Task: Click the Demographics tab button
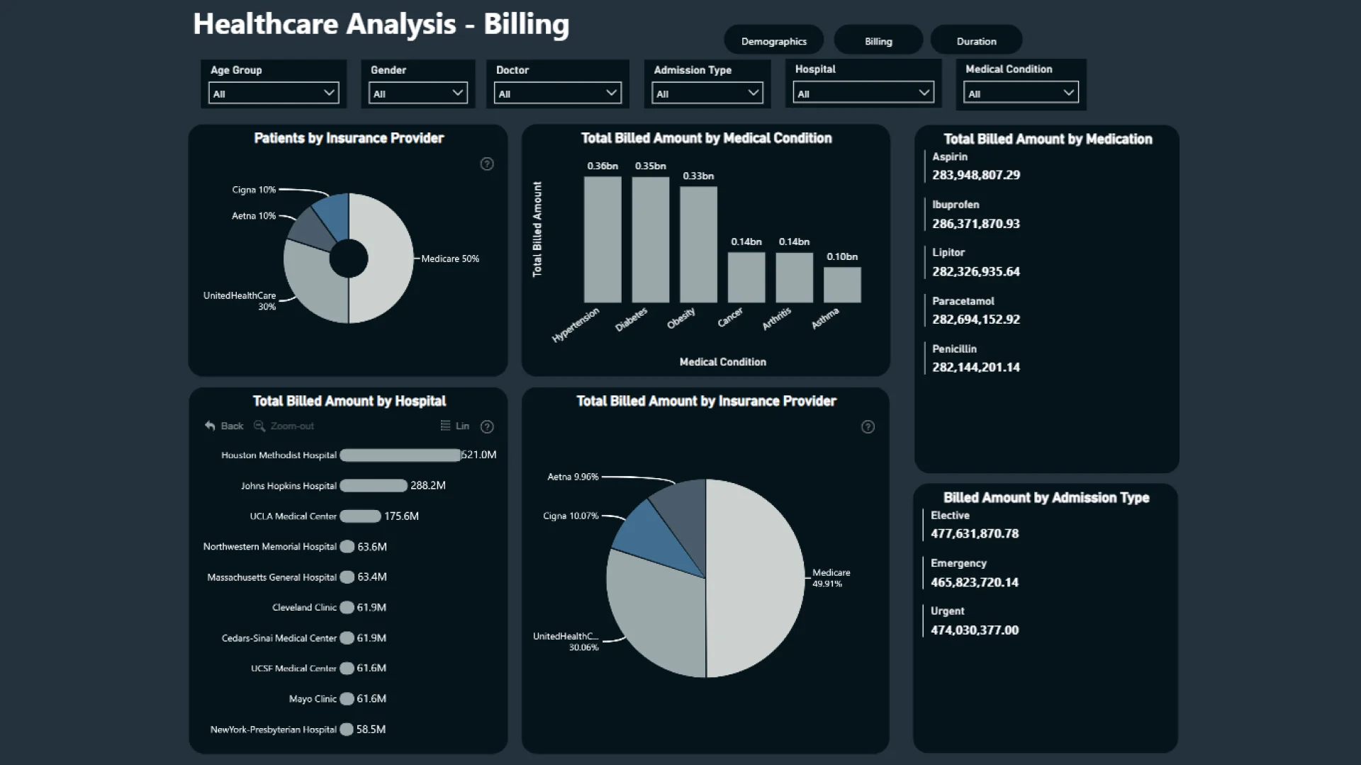[773, 40]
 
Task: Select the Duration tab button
[976, 40]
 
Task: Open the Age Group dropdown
[274, 93]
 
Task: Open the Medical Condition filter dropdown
[1021, 93]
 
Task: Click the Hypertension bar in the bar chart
[603, 239]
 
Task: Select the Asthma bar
[842, 285]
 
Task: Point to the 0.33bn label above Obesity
[698, 176]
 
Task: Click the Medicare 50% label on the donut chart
[450, 259]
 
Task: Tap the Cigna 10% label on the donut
[254, 190]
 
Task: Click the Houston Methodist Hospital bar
[401, 455]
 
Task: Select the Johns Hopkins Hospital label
[289, 486]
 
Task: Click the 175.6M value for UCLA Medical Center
[401, 516]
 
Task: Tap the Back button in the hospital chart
[224, 426]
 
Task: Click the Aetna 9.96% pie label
[573, 477]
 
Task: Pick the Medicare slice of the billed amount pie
[756, 578]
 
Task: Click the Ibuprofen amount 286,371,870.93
[976, 224]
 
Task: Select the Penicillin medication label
[954, 348]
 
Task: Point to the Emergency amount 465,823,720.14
[975, 582]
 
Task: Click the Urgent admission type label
[947, 611]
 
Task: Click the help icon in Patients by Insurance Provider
[487, 164]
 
